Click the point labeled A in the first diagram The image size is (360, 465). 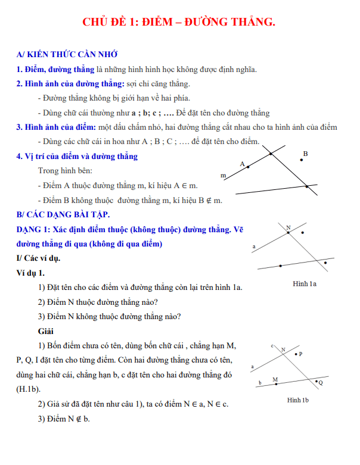(x=249, y=167)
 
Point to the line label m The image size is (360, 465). (x=224, y=176)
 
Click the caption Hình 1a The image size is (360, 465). (x=305, y=284)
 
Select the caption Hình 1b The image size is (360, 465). (x=297, y=400)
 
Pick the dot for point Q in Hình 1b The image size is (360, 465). (x=316, y=382)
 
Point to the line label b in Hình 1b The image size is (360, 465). (x=259, y=383)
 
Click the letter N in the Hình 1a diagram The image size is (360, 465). (x=288, y=228)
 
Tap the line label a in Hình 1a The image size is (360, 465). (x=255, y=246)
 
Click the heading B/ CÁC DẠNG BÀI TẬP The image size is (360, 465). (x=63, y=214)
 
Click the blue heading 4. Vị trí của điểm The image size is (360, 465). (x=77, y=157)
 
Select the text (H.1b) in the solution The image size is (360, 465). (x=29, y=389)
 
